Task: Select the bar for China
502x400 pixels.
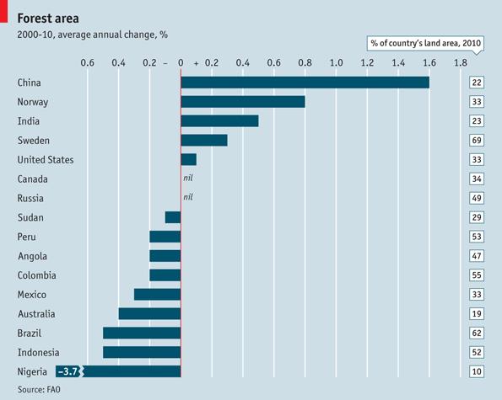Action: point(305,83)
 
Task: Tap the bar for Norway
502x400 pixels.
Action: point(243,102)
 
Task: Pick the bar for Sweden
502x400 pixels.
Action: point(204,140)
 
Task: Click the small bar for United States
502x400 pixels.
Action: point(188,159)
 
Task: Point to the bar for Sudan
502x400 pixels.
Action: point(173,217)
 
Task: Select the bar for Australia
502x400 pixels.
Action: point(149,313)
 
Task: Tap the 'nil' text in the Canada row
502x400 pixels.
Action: point(189,179)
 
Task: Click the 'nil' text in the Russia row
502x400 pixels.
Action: point(189,198)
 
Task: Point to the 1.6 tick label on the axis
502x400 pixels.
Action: point(429,63)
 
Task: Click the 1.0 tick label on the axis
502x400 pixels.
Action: point(336,63)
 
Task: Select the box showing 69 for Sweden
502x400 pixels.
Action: point(477,140)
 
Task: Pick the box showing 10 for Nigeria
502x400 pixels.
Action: point(477,371)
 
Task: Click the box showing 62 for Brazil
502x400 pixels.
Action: point(477,333)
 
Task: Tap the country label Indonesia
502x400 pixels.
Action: point(39,352)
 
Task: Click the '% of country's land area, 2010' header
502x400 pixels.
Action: point(424,43)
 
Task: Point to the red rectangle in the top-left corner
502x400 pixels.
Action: point(4,11)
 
